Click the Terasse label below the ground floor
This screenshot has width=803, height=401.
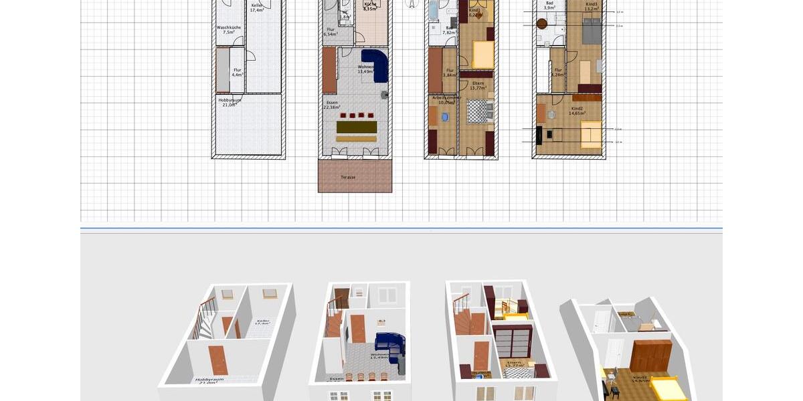[348, 177]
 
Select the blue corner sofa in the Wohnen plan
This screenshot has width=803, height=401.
[376, 63]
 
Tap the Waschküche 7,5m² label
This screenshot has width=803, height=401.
[226, 30]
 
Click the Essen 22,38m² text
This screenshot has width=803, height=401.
[332, 105]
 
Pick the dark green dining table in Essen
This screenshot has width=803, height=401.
[356, 127]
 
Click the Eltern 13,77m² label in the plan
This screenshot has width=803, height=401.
[478, 86]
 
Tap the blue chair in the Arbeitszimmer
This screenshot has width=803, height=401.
[446, 117]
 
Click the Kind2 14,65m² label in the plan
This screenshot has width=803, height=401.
[577, 111]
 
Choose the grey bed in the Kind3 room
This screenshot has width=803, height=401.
[591, 30]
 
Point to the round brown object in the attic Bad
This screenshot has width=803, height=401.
[542, 24]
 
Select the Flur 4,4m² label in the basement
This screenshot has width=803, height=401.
[237, 72]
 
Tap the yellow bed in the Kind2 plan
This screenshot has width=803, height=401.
[590, 134]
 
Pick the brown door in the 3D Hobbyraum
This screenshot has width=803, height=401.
[218, 360]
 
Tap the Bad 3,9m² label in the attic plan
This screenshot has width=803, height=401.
[549, 5]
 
